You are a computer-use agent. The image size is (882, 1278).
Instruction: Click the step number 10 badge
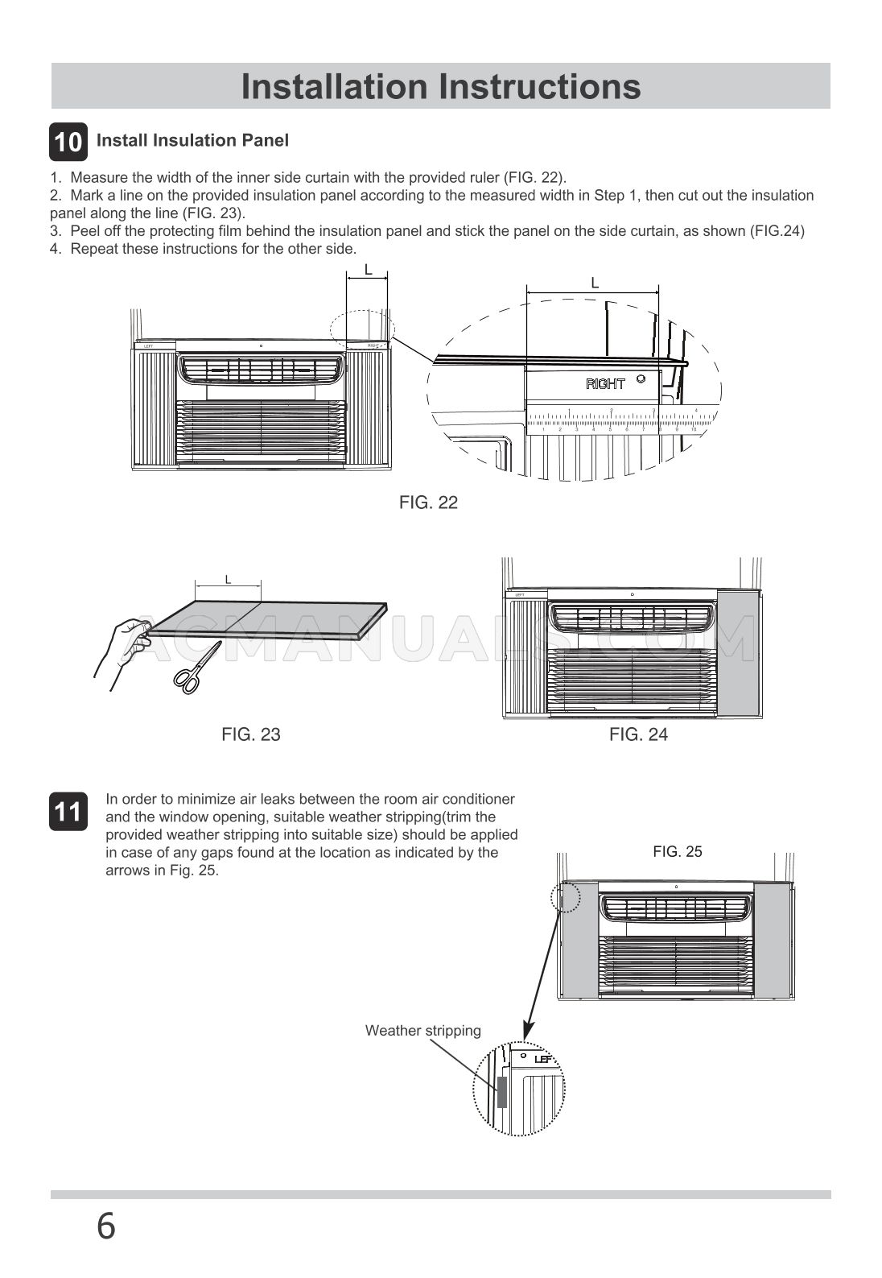(68, 142)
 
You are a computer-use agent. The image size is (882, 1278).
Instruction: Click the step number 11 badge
(68, 812)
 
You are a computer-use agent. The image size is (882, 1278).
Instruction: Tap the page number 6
(106, 1227)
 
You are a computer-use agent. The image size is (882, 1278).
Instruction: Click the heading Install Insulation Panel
(192, 140)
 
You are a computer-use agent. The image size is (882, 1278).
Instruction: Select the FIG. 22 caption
(428, 503)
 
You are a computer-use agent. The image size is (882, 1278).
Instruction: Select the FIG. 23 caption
(251, 734)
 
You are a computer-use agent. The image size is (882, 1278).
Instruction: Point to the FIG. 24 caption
(638, 734)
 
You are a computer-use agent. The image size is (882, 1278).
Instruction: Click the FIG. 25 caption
(677, 852)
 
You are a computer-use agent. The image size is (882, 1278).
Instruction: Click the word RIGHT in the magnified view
(605, 384)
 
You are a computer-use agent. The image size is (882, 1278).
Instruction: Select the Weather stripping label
(422, 1031)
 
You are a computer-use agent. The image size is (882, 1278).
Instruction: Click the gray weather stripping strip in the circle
(502, 1092)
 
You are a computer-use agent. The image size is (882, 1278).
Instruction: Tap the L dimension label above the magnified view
(594, 283)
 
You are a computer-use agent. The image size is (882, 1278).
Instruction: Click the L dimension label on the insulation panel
(228, 579)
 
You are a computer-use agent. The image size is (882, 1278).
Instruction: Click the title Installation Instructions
(441, 86)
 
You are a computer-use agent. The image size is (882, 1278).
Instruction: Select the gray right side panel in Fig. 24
(738, 654)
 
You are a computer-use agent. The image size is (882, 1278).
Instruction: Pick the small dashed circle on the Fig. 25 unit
(567, 895)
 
